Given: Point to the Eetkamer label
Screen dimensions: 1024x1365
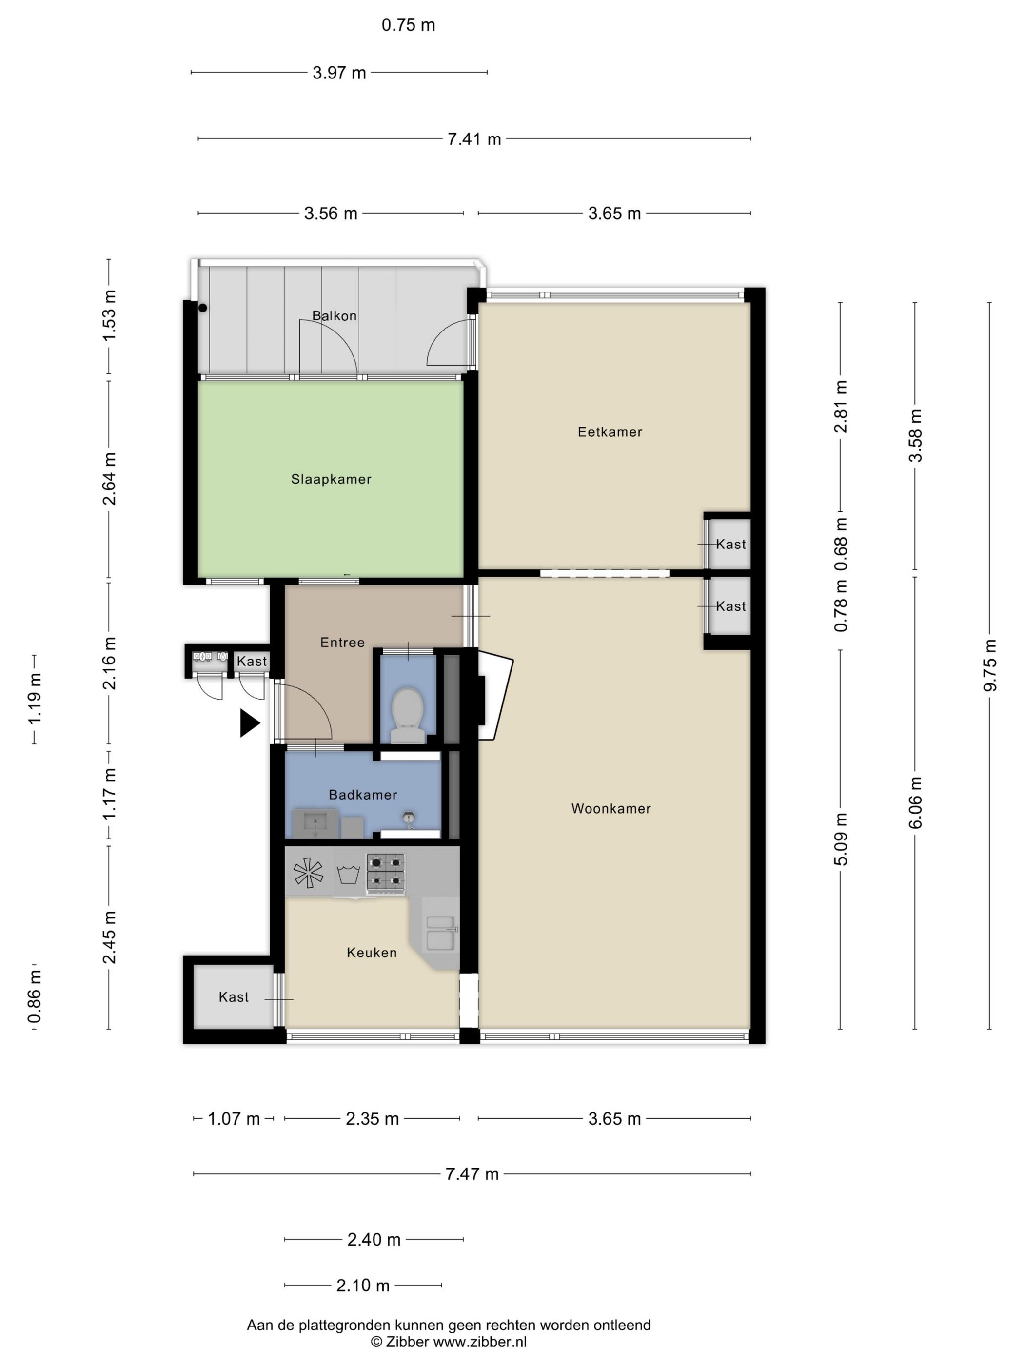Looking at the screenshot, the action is pos(610,432).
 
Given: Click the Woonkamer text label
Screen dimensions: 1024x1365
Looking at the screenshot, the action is pos(611,808).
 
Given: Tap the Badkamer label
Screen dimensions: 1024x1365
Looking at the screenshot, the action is pos(362,795).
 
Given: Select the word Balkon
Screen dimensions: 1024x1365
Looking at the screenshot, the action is pos(334,316).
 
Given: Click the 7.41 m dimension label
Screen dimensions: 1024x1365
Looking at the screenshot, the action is pos(474,139).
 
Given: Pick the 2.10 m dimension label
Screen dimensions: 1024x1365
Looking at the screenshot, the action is pos(363,1286).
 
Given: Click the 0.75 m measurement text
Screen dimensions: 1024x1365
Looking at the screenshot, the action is pos(408,25).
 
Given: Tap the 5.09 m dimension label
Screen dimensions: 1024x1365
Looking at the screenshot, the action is pos(841,839).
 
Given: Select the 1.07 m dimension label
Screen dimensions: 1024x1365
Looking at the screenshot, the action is pos(234,1119).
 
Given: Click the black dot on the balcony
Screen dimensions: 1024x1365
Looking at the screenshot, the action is pos(202,307).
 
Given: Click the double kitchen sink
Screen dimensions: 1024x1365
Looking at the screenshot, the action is pos(441,933).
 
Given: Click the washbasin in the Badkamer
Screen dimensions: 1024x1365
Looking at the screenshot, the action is pos(315,823).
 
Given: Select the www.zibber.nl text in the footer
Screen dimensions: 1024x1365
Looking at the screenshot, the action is pos(480,1342).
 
